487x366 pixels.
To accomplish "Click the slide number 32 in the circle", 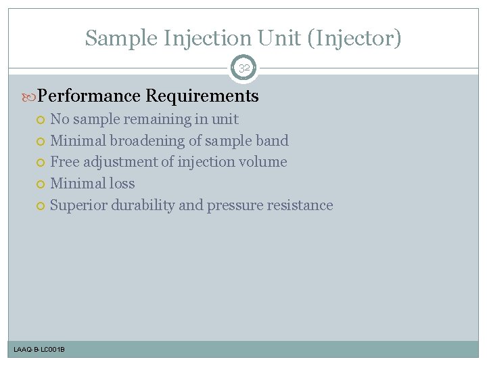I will pos(243,68).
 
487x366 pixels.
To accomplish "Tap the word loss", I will pos(122,184).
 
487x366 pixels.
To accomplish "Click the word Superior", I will pos(78,205).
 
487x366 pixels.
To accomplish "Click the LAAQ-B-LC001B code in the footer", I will pos(39,349).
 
